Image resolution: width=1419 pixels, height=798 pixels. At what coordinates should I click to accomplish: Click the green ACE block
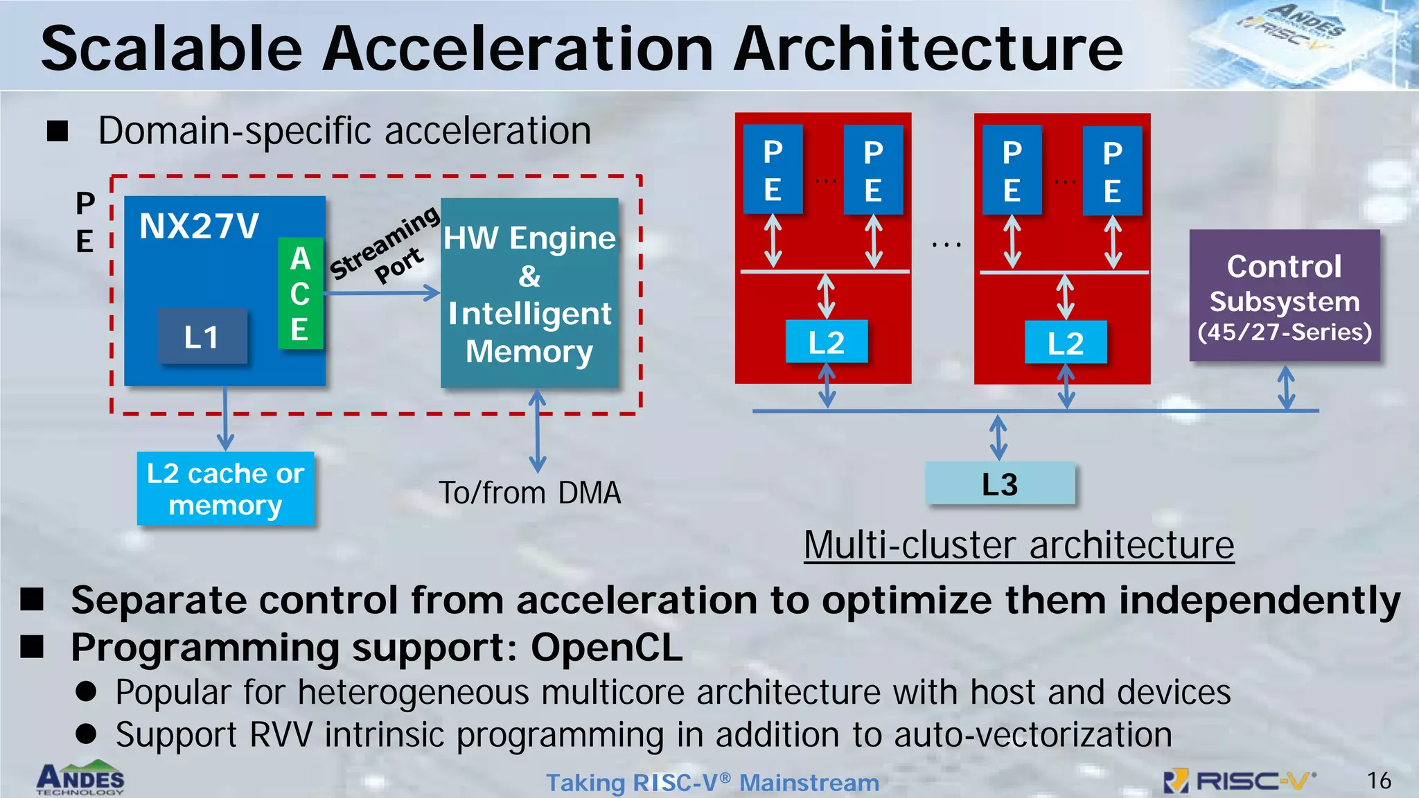(x=300, y=293)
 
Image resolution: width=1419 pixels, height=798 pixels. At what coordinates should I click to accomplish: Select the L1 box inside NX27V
(x=202, y=337)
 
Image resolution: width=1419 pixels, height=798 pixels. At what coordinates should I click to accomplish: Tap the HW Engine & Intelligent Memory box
(x=529, y=293)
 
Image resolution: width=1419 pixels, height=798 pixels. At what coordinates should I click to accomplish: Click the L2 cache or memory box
(x=225, y=488)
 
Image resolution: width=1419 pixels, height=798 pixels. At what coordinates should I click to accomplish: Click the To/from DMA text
(x=530, y=493)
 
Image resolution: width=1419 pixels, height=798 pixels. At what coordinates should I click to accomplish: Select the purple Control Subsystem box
(x=1284, y=296)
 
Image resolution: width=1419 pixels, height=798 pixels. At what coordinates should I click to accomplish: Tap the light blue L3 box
(x=1000, y=484)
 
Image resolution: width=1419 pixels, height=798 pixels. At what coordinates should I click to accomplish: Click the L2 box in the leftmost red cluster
(x=826, y=342)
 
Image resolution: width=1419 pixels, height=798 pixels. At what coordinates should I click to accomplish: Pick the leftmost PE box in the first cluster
(x=773, y=170)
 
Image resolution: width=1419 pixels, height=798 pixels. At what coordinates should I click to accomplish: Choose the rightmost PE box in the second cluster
(x=1112, y=170)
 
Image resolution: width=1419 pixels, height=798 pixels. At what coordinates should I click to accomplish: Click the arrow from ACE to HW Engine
(x=381, y=293)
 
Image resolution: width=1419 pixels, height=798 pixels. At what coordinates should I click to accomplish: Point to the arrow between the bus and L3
(x=998, y=437)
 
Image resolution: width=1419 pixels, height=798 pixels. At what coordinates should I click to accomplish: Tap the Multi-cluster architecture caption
(x=1019, y=545)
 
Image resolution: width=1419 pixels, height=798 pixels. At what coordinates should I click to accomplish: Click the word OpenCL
(x=606, y=648)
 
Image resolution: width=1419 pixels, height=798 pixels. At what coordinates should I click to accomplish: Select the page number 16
(x=1378, y=781)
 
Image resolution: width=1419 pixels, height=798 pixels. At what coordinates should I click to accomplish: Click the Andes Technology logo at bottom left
(x=80, y=779)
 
